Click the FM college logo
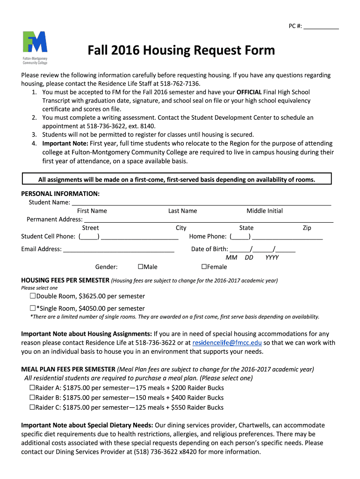[35, 47]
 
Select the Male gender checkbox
[140, 267]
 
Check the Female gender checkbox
[204, 267]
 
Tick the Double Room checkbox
[33, 296]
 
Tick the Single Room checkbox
[33, 308]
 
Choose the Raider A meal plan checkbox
[32, 388]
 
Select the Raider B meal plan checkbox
[32, 398]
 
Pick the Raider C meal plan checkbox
[32, 407]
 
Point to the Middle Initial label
[265, 211]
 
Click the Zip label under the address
[307, 228]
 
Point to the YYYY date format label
[272, 258]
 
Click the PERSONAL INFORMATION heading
[60, 194]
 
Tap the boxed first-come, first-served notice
[177, 180]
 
